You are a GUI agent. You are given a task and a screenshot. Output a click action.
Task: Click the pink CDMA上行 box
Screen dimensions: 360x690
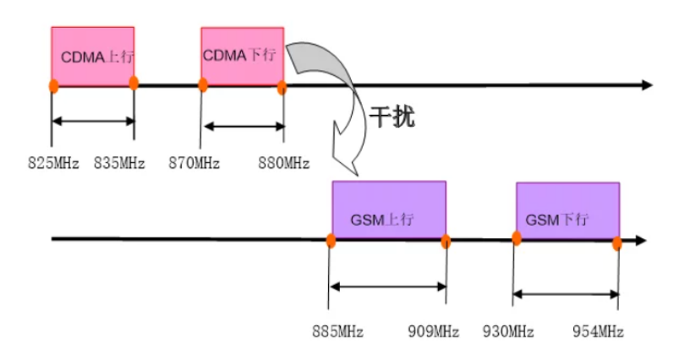[x=92, y=56]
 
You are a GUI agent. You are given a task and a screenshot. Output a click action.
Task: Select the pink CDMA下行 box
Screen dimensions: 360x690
[x=242, y=56]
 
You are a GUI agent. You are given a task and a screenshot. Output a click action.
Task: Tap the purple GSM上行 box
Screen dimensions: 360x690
[x=388, y=210]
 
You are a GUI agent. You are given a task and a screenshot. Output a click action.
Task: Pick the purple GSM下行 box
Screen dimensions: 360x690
[x=567, y=212]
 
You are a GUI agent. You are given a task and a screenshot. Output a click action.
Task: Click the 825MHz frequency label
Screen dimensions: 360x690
[x=53, y=162]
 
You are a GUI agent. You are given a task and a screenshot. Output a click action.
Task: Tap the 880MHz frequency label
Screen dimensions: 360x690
[x=283, y=162]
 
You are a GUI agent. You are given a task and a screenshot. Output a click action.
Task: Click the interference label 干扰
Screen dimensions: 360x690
[x=392, y=117]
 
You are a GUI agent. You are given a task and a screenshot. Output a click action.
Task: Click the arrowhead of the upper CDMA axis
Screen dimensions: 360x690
[x=647, y=85]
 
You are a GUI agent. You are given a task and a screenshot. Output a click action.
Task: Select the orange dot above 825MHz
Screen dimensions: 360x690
[x=52, y=86]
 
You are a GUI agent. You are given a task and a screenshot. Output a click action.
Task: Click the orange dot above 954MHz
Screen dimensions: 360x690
[x=617, y=243]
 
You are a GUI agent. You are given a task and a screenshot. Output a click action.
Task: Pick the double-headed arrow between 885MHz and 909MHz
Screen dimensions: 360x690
[x=388, y=286]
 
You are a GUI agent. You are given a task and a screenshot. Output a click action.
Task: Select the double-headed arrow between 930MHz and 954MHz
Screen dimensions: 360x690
[x=567, y=294]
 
